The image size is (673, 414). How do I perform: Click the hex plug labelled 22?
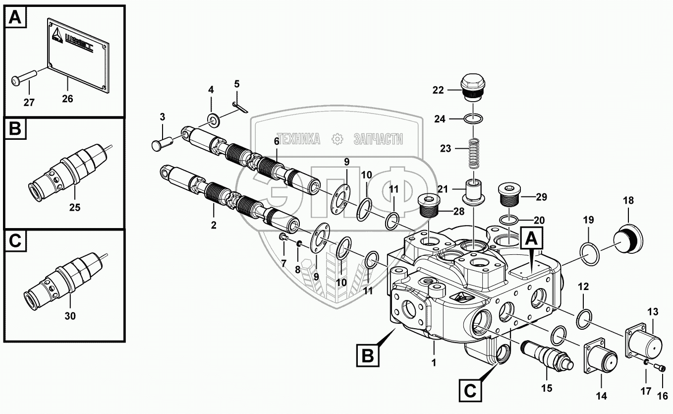[x=473, y=87]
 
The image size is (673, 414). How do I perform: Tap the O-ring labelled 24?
[x=474, y=118]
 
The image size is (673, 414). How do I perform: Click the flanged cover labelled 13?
[x=644, y=342]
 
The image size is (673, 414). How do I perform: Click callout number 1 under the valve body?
[x=434, y=362]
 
